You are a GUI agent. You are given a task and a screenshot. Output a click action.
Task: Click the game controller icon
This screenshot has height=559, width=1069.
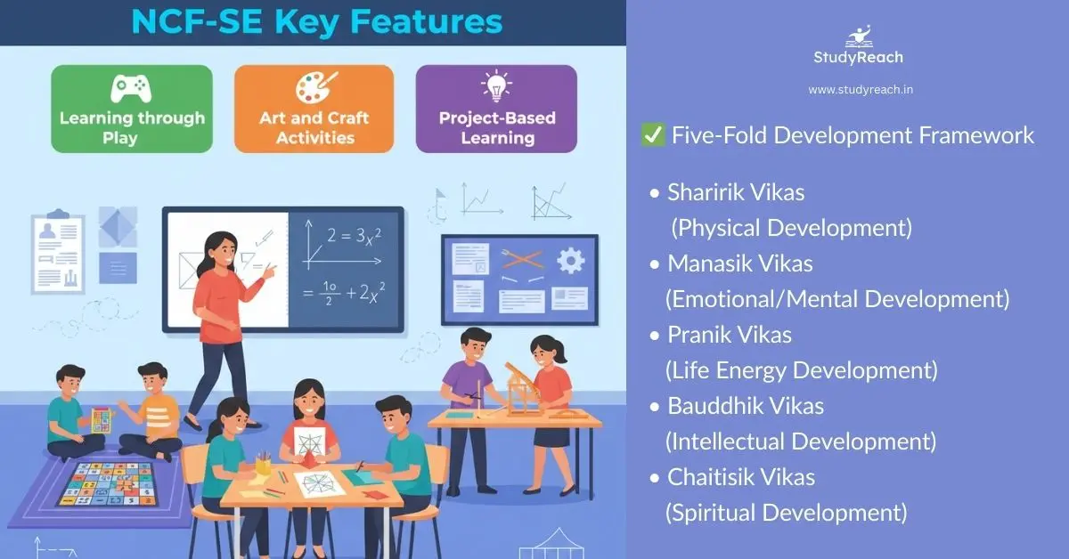130,88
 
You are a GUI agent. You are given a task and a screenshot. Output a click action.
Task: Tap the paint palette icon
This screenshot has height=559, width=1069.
314,88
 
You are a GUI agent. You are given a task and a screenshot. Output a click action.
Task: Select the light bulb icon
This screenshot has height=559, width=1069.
496,88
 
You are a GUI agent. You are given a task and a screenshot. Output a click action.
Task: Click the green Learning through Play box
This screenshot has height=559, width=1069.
132,109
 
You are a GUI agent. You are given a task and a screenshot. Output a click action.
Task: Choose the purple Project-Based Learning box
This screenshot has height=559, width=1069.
496,109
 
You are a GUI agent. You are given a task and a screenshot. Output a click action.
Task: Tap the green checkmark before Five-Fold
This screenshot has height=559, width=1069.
652,135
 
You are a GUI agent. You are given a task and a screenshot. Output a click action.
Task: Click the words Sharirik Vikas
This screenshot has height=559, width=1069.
736,192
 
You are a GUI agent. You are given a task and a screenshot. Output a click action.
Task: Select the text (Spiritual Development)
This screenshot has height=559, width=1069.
786,513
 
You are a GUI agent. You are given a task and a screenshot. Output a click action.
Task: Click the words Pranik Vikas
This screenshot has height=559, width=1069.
730,335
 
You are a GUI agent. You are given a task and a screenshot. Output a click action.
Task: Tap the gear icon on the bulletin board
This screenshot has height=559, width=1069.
570,261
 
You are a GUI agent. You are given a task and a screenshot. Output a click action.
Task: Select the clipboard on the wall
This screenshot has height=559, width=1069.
57,253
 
